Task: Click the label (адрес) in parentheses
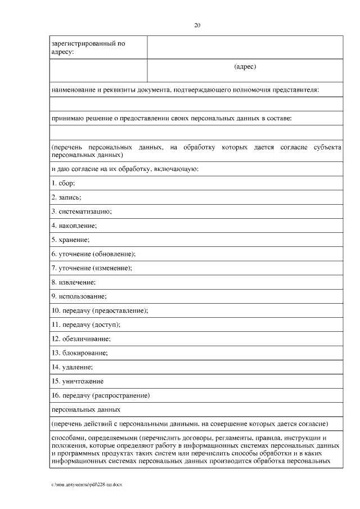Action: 245,67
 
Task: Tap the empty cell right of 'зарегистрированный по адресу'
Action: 245,47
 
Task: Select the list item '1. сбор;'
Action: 63,183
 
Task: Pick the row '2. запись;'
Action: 66,197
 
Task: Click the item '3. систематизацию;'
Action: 82,211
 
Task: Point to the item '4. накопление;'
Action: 74,226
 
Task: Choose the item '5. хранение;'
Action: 70,240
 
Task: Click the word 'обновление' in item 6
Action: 112,254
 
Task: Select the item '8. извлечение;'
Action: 74,282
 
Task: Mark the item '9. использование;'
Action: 79,296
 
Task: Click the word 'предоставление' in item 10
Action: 124,310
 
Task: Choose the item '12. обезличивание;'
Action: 81,339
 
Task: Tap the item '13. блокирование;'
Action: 79,353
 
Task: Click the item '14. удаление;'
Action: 72,367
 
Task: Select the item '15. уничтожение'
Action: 77,381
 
